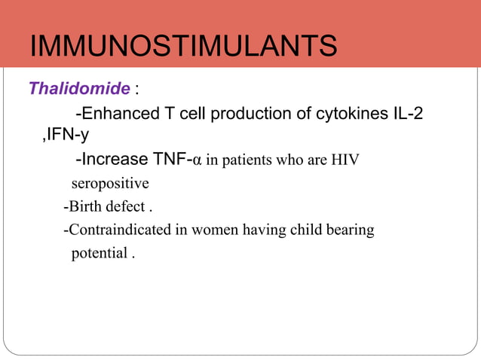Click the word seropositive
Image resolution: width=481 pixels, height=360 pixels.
coord(110,183)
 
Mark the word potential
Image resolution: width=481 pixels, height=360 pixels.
coord(100,253)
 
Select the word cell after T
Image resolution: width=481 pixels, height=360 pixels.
coord(192,114)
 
